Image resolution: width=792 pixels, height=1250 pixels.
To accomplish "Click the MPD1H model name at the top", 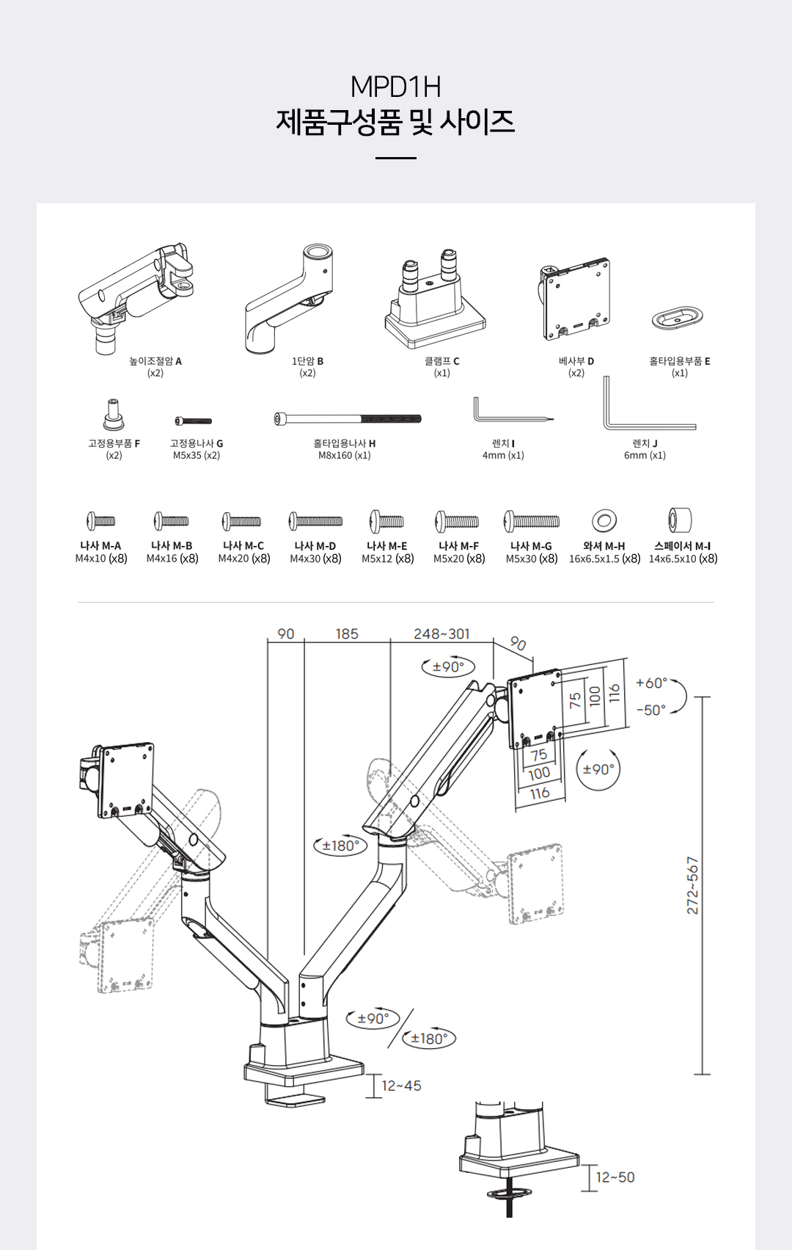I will [x=395, y=87].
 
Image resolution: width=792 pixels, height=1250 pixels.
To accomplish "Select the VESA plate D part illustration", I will [x=576, y=299].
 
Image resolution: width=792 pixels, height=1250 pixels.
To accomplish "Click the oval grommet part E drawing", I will [x=678, y=319].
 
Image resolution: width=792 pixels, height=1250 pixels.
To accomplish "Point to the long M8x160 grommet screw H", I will [x=348, y=419].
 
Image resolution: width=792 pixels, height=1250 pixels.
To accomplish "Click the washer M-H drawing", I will [x=604, y=521].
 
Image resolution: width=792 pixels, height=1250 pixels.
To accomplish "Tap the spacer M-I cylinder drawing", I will [x=680, y=520].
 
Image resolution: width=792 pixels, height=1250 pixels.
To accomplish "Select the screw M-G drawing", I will [x=532, y=521].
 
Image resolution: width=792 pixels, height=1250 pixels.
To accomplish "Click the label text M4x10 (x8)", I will [x=101, y=559].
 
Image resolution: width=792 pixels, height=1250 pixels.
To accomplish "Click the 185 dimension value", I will [x=347, y=633].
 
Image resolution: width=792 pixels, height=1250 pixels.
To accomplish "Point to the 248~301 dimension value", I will [x=441, y=633].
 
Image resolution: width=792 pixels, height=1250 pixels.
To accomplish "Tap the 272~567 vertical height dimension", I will [x=692, y=885].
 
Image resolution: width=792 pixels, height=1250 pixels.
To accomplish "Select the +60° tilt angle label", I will [x=651, y=683].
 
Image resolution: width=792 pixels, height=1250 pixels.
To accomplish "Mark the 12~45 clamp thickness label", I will [x=401, y=1086].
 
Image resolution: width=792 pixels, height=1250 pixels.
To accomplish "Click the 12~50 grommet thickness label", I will [x=615, y=1177].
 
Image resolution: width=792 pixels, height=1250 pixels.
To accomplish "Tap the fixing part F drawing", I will [x=113, y=415].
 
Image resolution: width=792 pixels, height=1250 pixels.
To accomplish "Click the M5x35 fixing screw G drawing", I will [x=194, y=421].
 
